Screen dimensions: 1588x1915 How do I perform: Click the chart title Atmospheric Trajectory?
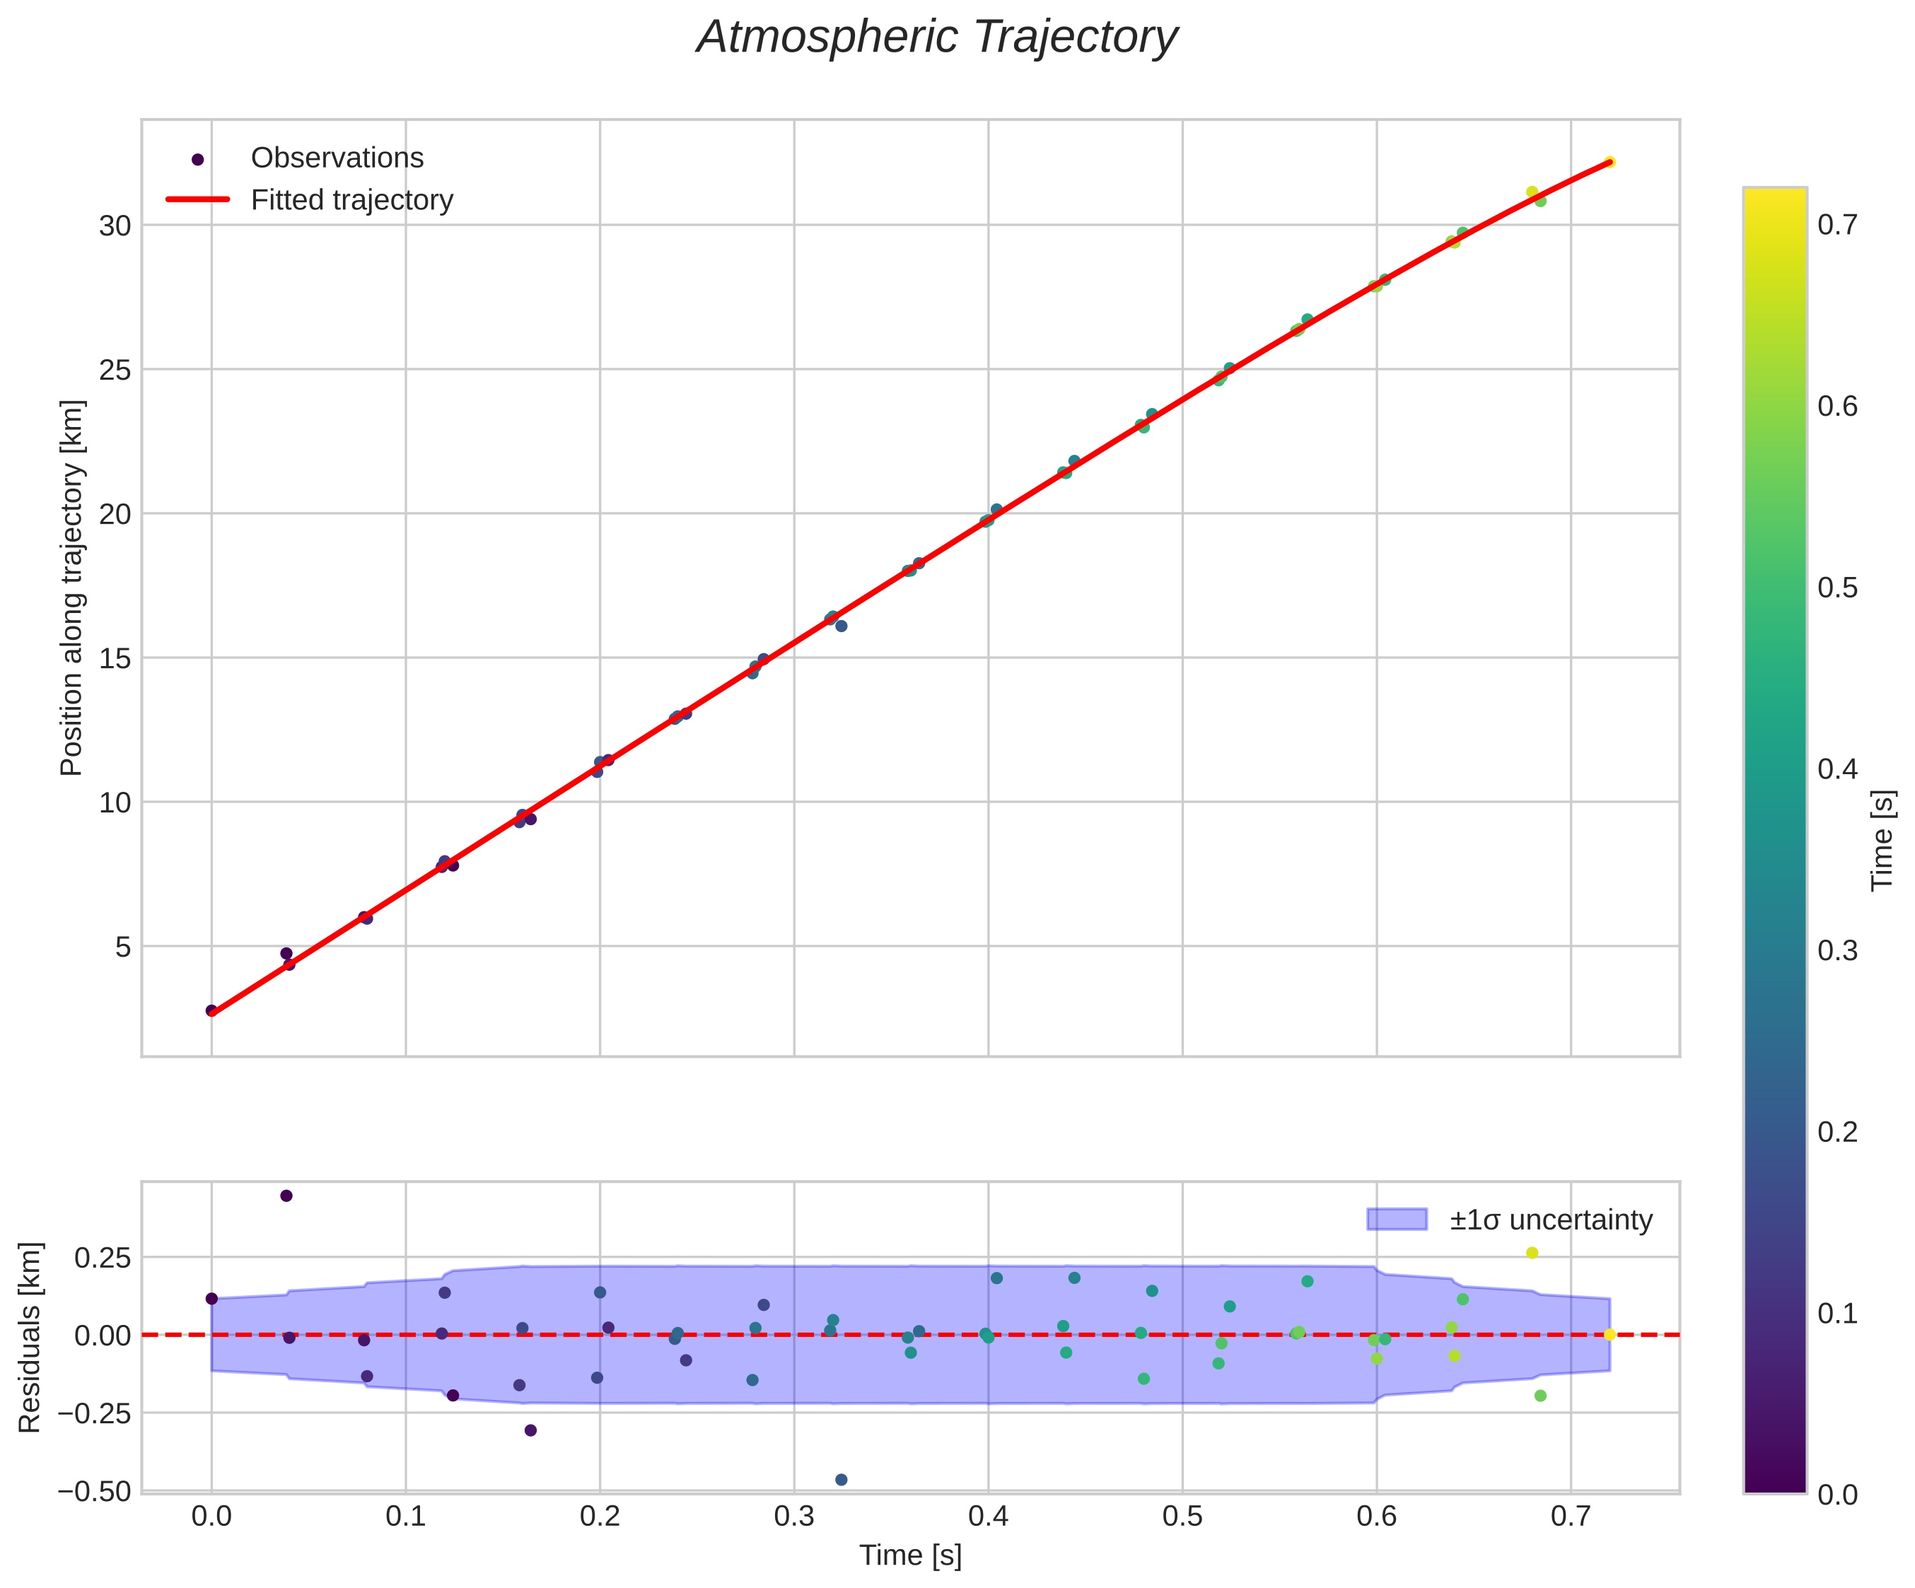click(x=938, y=38)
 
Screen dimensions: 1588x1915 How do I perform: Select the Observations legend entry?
click(x=337, y=158)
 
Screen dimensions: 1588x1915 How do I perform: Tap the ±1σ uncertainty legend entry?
click(x=1550, y=1220)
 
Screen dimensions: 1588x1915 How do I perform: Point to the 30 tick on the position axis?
click(x=115, y=226)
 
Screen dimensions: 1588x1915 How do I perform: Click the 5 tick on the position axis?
click(x=123, y=947)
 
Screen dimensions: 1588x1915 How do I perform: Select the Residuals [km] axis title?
click(x=31, y=1336)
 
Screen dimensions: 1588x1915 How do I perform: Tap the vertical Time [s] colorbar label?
click(x=1882, y=841)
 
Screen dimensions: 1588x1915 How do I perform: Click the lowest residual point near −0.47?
click(x=841, y=1480)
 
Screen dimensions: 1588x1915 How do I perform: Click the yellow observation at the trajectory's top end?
click(x=1610, y=162)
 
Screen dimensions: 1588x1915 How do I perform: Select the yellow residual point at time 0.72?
click(x=1610, y=1335)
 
